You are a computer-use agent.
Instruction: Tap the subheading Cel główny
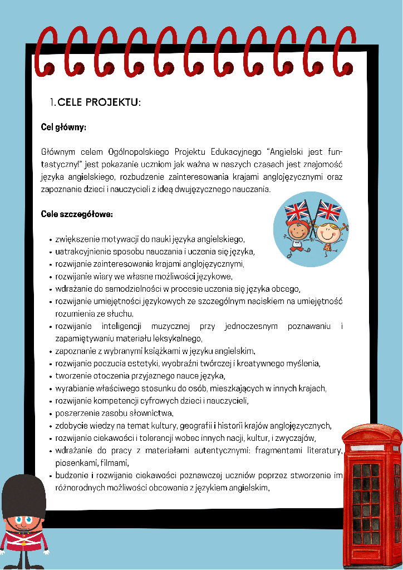[63, 127]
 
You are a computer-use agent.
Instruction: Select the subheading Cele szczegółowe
[77, 214]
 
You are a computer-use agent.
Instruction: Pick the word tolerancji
[155, 438]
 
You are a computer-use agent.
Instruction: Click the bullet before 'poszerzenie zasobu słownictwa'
[51, 414]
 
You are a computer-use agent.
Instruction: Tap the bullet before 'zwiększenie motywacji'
[51, 239]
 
